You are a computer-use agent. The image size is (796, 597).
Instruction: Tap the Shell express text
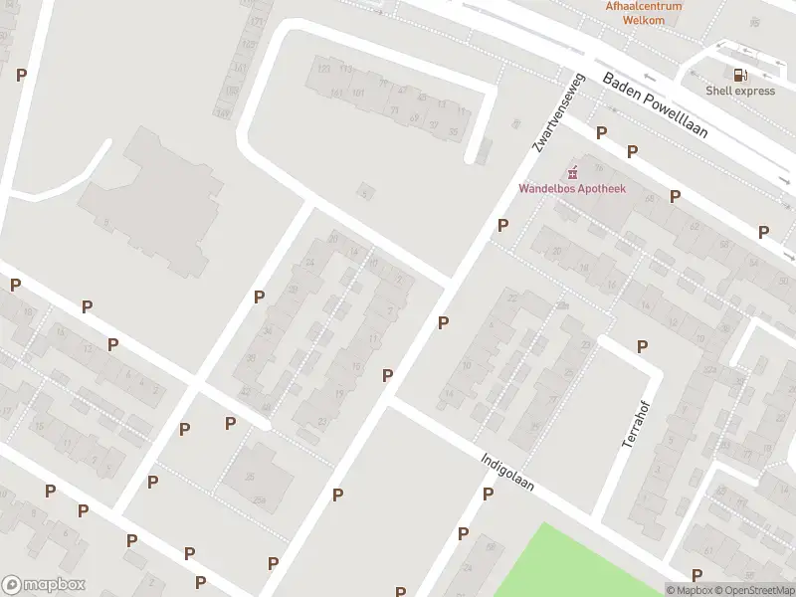coord(740,91)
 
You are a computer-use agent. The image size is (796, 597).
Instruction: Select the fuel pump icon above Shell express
coord(739,74)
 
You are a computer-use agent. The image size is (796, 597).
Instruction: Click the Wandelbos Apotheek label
coord(572,189)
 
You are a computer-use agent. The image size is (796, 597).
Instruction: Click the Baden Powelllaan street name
coord(654,106)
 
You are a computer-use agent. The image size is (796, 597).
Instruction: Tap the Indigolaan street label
coord(507,474)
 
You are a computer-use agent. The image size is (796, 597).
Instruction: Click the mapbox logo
coord(43,585)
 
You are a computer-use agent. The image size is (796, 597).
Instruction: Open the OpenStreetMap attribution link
coord(754,590)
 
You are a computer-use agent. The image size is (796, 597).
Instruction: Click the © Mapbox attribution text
coord(689,590)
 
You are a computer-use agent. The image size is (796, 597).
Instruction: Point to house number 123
coord(322,68)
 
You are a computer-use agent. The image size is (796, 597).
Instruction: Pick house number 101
coord(358,93)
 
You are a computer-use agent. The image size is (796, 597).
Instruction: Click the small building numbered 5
coord(367,191)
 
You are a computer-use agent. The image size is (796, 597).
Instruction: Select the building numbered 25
coord(250,476)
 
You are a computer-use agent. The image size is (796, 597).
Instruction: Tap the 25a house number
coord(261,498)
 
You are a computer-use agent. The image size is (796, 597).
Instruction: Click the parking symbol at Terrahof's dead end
coord(643,346)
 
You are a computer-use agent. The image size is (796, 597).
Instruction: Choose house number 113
coord(345,69)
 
